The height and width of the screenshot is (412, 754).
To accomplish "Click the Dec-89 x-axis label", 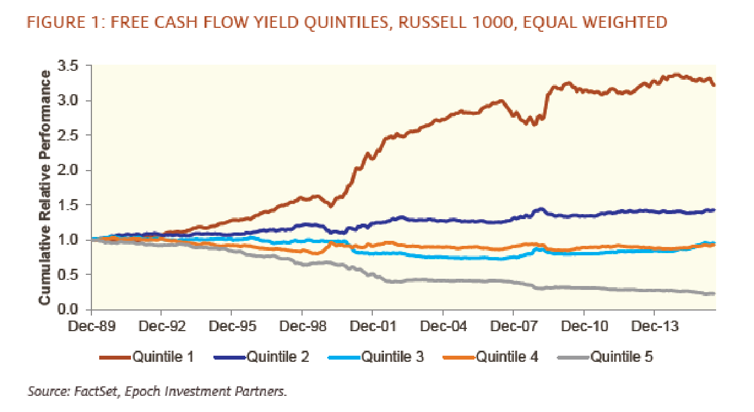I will coord(91,325).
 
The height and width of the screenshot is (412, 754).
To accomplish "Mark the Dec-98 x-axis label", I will coord(301,325).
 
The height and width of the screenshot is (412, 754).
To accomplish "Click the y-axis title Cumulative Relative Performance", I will coord(45,187).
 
